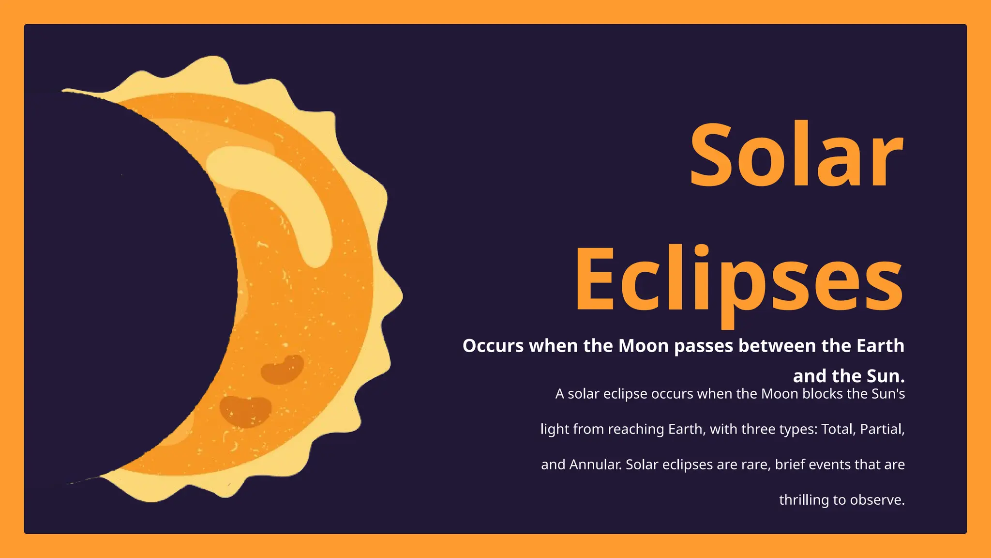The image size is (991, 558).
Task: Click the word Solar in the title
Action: click(796, 155)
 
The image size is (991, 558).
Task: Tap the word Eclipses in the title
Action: click(738, 281)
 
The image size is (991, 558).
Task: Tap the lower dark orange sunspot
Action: click(245, 411)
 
